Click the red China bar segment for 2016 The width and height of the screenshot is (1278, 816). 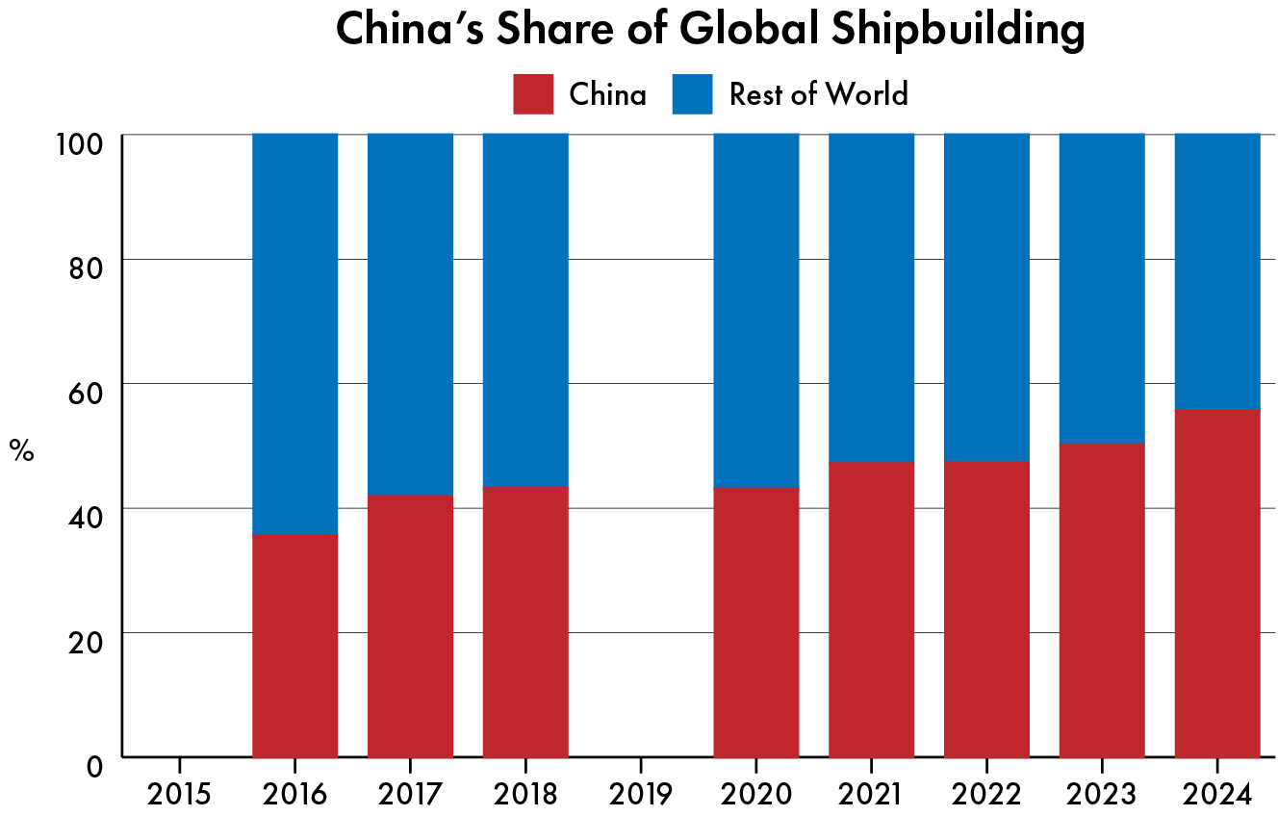tap(294, 645)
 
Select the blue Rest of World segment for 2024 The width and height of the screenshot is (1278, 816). tap(1217, 271)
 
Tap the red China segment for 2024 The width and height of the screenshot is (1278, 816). tap(1217, 583)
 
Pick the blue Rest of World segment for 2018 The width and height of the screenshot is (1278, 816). tap(524, 310)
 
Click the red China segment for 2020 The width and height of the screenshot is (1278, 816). tap(755, 622)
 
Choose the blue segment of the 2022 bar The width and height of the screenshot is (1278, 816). tap(986, 297)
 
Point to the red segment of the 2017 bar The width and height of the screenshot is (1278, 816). tap(410, 625)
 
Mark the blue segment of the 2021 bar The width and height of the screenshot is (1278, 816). tap(871, 297)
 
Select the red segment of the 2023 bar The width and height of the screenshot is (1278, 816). tap(1102, 599)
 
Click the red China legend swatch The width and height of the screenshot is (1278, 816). tap(533, 94)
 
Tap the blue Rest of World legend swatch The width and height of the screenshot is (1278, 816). tap(692, 94)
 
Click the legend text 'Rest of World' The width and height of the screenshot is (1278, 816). tap(818, 94)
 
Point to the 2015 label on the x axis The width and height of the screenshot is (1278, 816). tap(179, 794)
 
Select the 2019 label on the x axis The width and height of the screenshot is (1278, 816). tap(640, 794)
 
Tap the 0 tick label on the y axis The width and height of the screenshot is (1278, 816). tap(94, 766)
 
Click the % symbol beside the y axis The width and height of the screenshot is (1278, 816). tap(21, 449)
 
